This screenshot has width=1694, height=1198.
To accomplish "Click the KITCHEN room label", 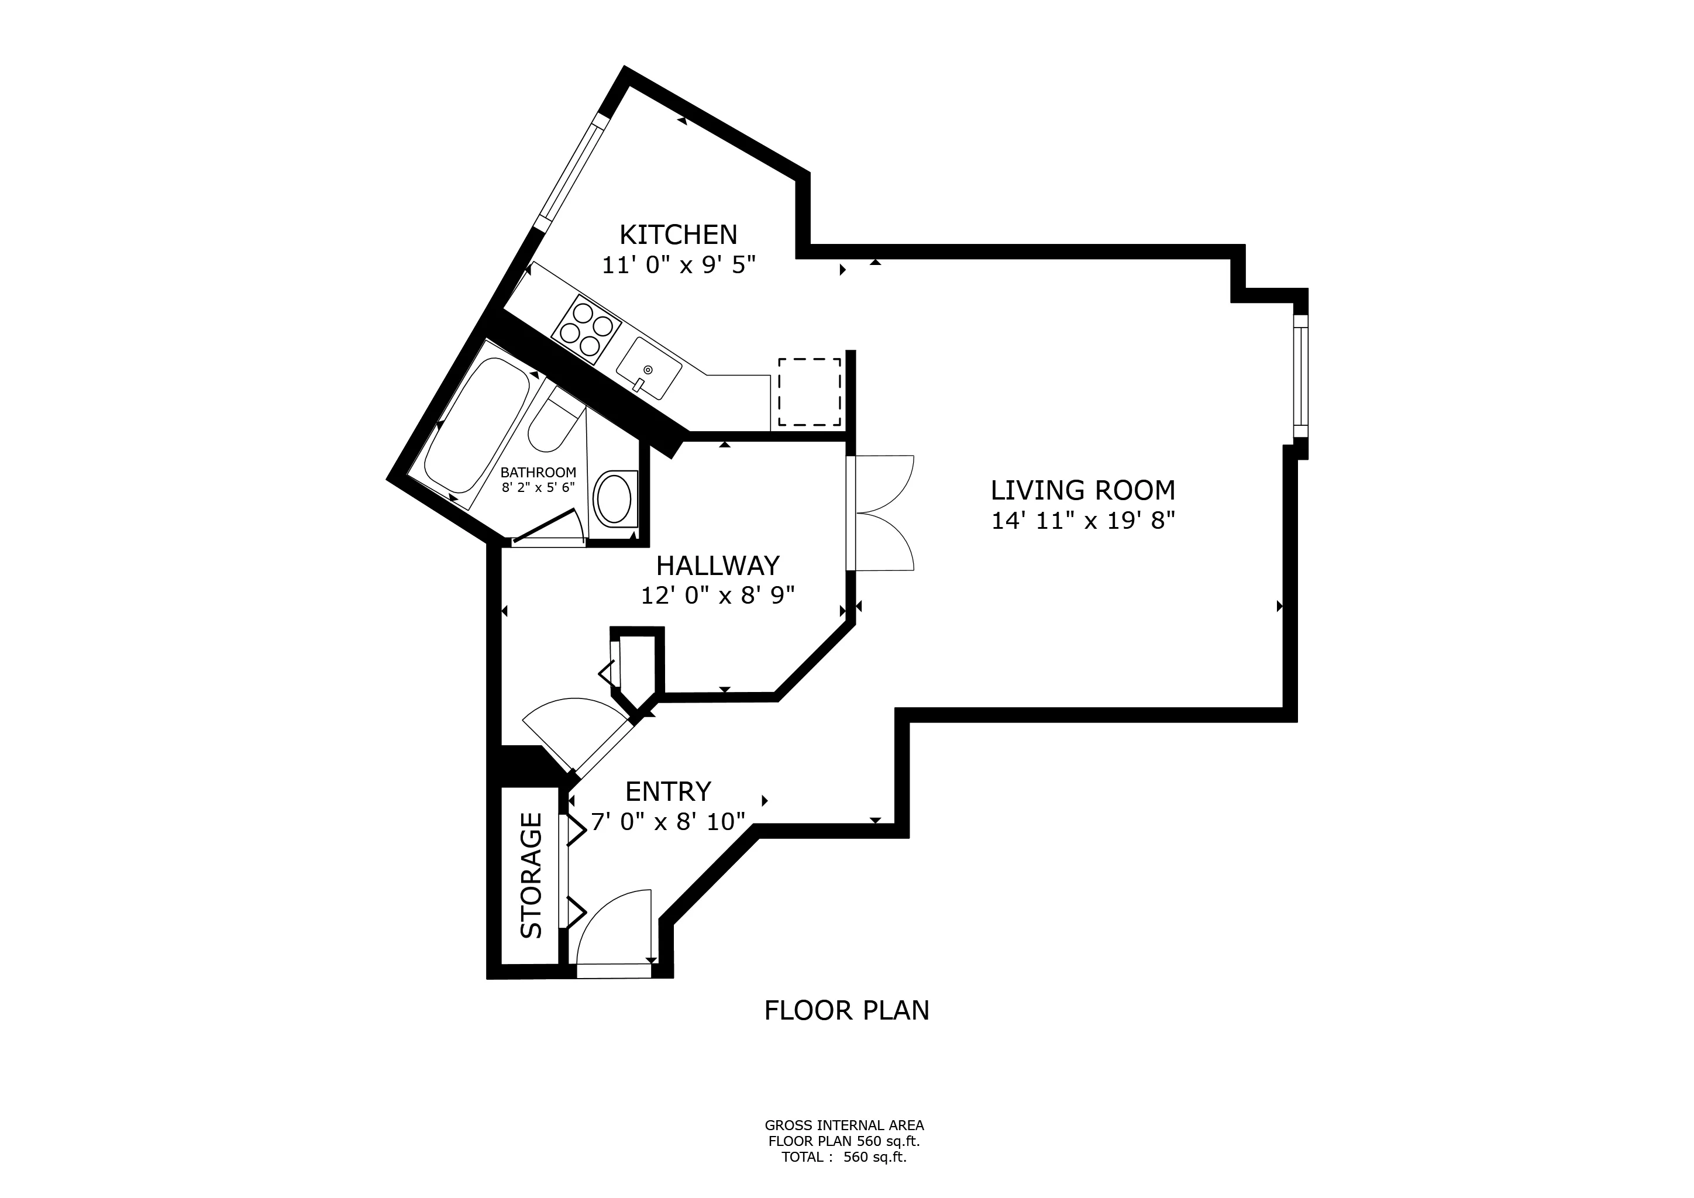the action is (678, 235).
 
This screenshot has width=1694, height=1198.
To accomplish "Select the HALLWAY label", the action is (717, 566).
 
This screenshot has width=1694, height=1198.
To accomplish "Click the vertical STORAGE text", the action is (531, 875).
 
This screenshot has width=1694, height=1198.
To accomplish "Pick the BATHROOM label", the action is (538, 472).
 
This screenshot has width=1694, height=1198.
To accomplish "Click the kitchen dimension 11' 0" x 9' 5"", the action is (679, 265).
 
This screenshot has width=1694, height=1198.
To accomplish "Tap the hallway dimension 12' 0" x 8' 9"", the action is (717, 595).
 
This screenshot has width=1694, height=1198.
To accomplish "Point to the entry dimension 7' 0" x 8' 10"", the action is (667, 821).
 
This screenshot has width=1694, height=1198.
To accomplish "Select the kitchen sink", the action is (649, 370).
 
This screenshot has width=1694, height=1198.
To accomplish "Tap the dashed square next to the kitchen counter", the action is (810, 392).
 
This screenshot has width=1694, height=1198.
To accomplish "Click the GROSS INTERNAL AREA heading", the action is (844, 1125).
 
